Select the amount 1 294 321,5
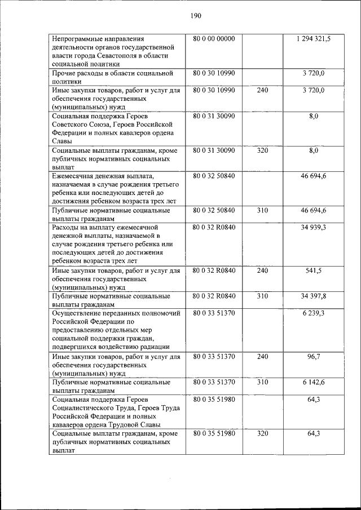(313, 39)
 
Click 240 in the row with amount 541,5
(262, 270)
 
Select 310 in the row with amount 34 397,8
(262, 296)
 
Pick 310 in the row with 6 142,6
(262, 382)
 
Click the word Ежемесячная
(74, 176)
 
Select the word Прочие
(64, 73)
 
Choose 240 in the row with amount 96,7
(262, 357)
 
